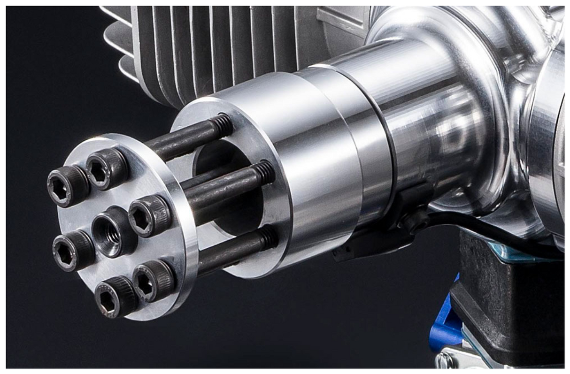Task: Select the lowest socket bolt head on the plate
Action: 115,297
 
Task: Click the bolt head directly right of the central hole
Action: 150,216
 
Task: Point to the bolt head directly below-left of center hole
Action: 73,250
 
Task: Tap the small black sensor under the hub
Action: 413,211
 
